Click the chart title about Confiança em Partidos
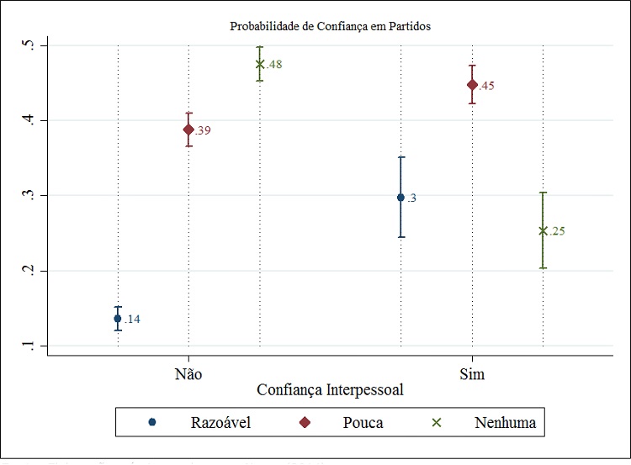coord(330,26)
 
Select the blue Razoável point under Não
coord(118,318)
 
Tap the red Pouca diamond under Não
coord(188,129)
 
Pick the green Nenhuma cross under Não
coord(260,64)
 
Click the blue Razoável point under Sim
coord(401,198)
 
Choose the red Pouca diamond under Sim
coord(472,84)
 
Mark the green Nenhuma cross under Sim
coord(543,230)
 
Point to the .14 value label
coord(132,320)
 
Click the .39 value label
coord(203,130)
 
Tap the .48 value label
coord(274,65)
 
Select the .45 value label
coord(486,86)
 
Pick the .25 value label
coord(557,231)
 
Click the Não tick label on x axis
coord(188,373)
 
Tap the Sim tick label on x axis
coord(472,373)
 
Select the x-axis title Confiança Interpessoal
coord(330,390)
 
